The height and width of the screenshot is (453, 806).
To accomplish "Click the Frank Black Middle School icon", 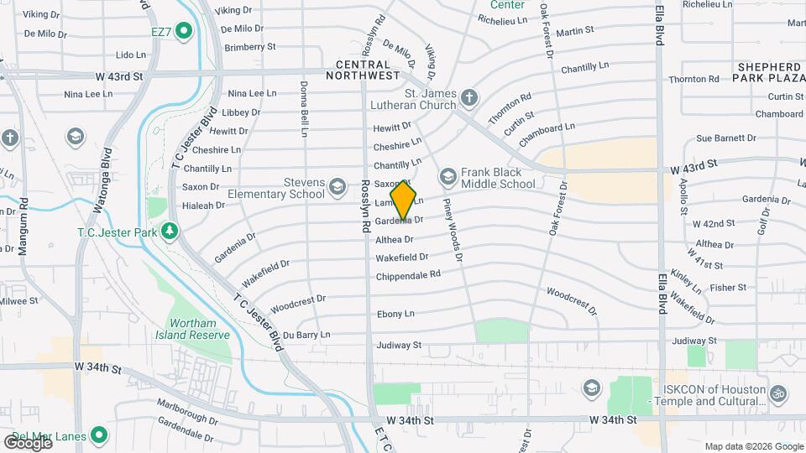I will pyautogui.click(x=447, y=175).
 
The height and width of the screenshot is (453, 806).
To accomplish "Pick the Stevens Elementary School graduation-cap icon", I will pyautogui.click(x=338, y=186).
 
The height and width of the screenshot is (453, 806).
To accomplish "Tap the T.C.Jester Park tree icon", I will pyautogui.click(x=170, y=230).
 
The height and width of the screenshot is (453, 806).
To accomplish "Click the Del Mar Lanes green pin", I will pyautogui.click(x=99, y=435).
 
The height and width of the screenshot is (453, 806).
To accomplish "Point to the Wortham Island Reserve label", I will pyautogui.click(x=199, y=329).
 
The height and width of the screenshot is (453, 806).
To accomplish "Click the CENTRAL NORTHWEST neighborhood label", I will pyautogui.click(x=368, y=70).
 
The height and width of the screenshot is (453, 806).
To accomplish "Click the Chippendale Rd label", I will pyautogui.click(x=408, y=275).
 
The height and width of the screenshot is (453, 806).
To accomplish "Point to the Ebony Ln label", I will pyautogui.click(x=395, y=314).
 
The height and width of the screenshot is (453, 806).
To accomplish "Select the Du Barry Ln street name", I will pyautogui.click(x=306, y=335).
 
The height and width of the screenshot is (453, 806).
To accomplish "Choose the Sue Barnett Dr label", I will pyautogui.click(x=726, y=138).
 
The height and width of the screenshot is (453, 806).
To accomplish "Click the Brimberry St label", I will pyautogui.click(x=249, y=47).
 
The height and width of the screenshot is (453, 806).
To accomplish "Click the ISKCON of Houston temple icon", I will pyautogui.click(x=778, y=392).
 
